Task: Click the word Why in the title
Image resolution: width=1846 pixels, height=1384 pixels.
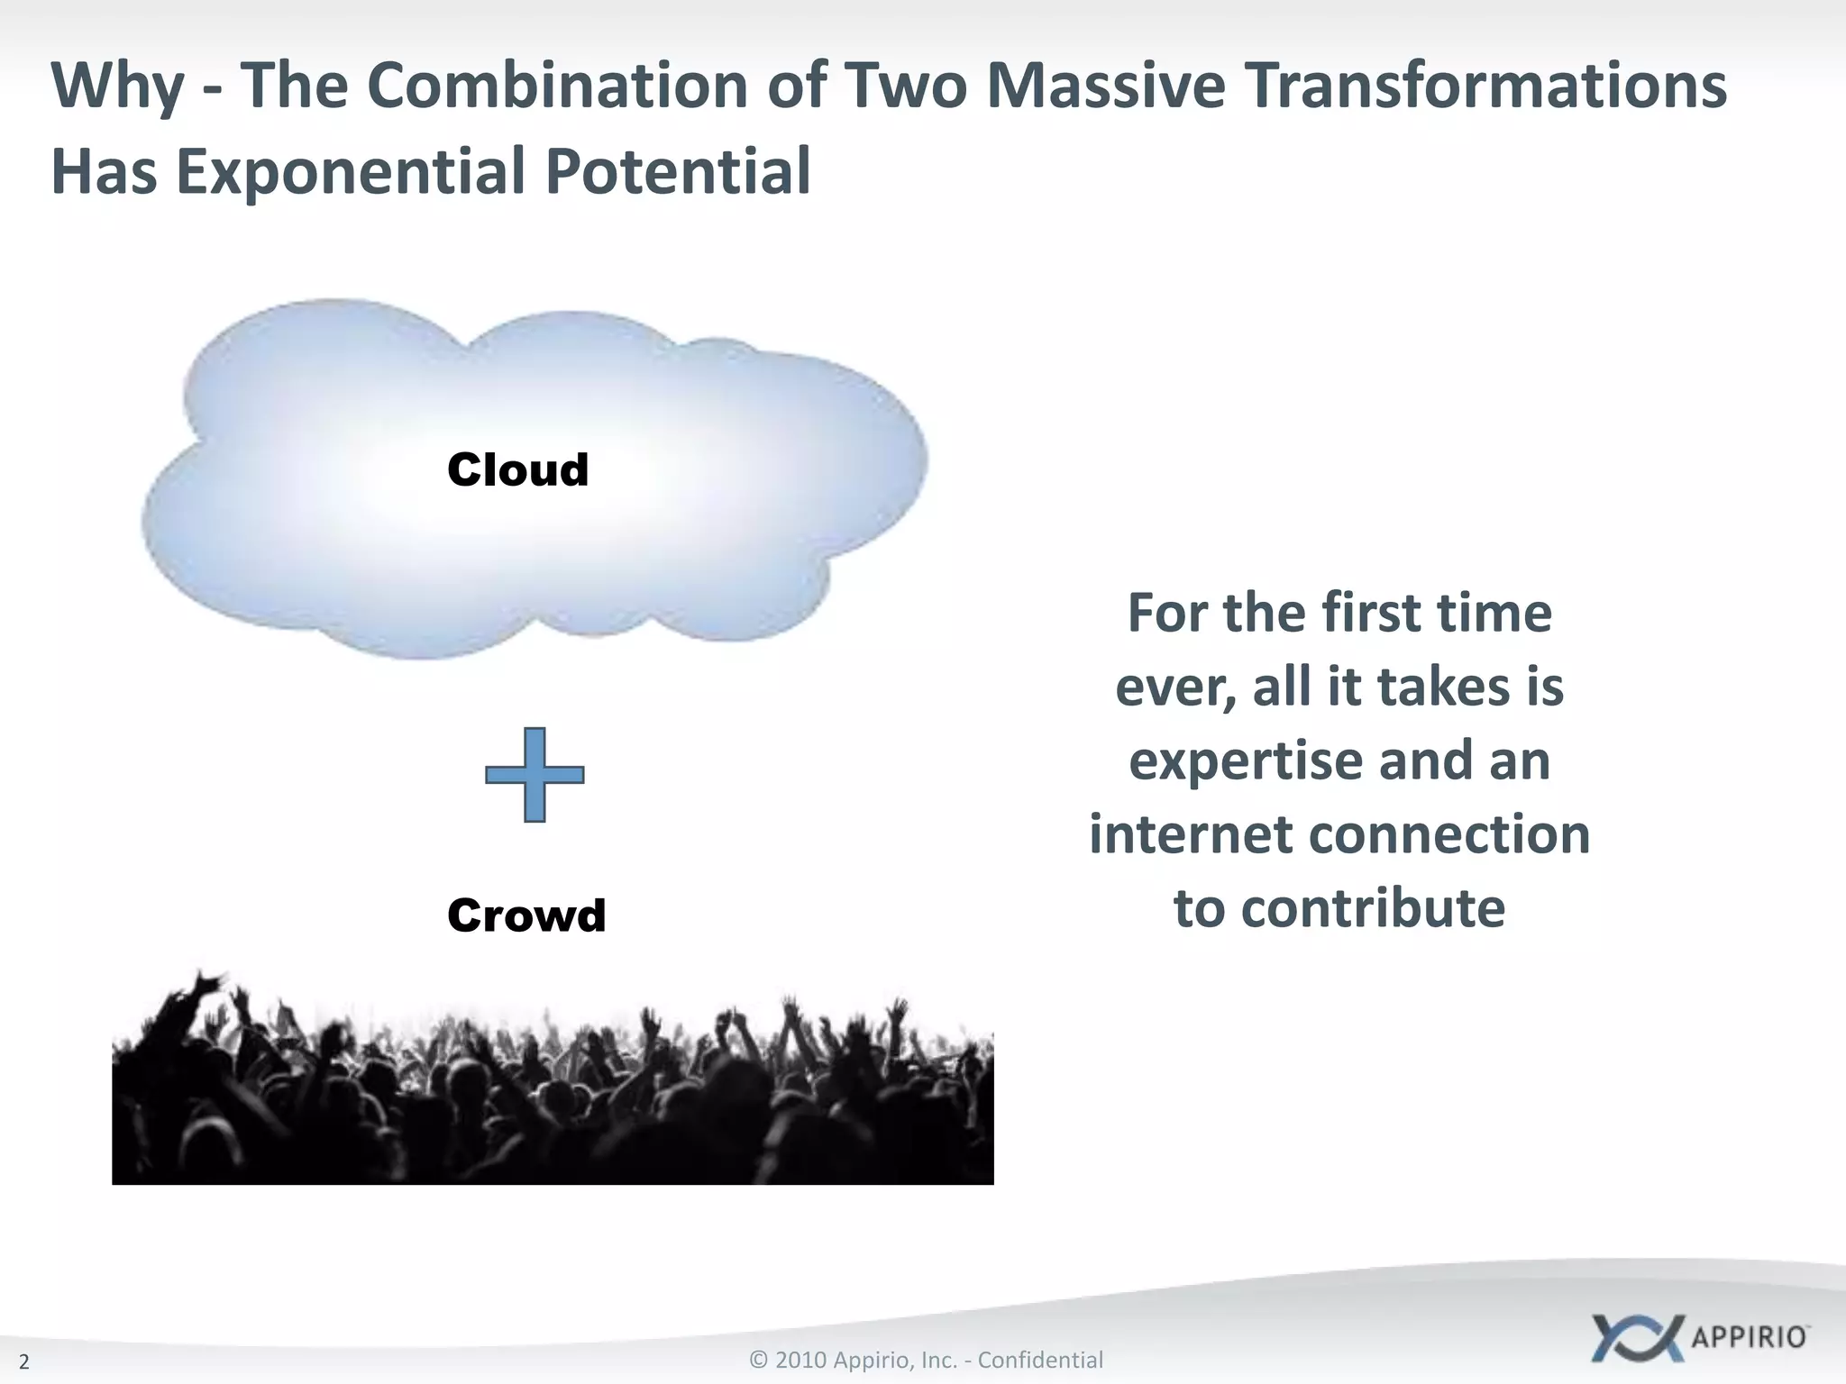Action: click(x=117, y=87)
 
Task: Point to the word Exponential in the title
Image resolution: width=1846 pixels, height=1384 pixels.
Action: click(x=350, y=172)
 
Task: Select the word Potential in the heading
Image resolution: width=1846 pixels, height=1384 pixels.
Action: click(x=678, y=172)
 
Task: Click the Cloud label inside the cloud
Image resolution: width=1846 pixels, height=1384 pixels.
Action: click(x=517, y=470)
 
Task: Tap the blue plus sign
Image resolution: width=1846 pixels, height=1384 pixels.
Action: click(x=535, y=775)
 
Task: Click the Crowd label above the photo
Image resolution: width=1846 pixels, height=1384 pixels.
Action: click(x=526, y=915)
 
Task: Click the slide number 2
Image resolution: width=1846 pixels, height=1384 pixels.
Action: click(x=24, y=1361)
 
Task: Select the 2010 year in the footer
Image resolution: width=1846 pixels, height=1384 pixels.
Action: click(x=800, y=1360)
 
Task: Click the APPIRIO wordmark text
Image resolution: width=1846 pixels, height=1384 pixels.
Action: click(x=1749, y=1336)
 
